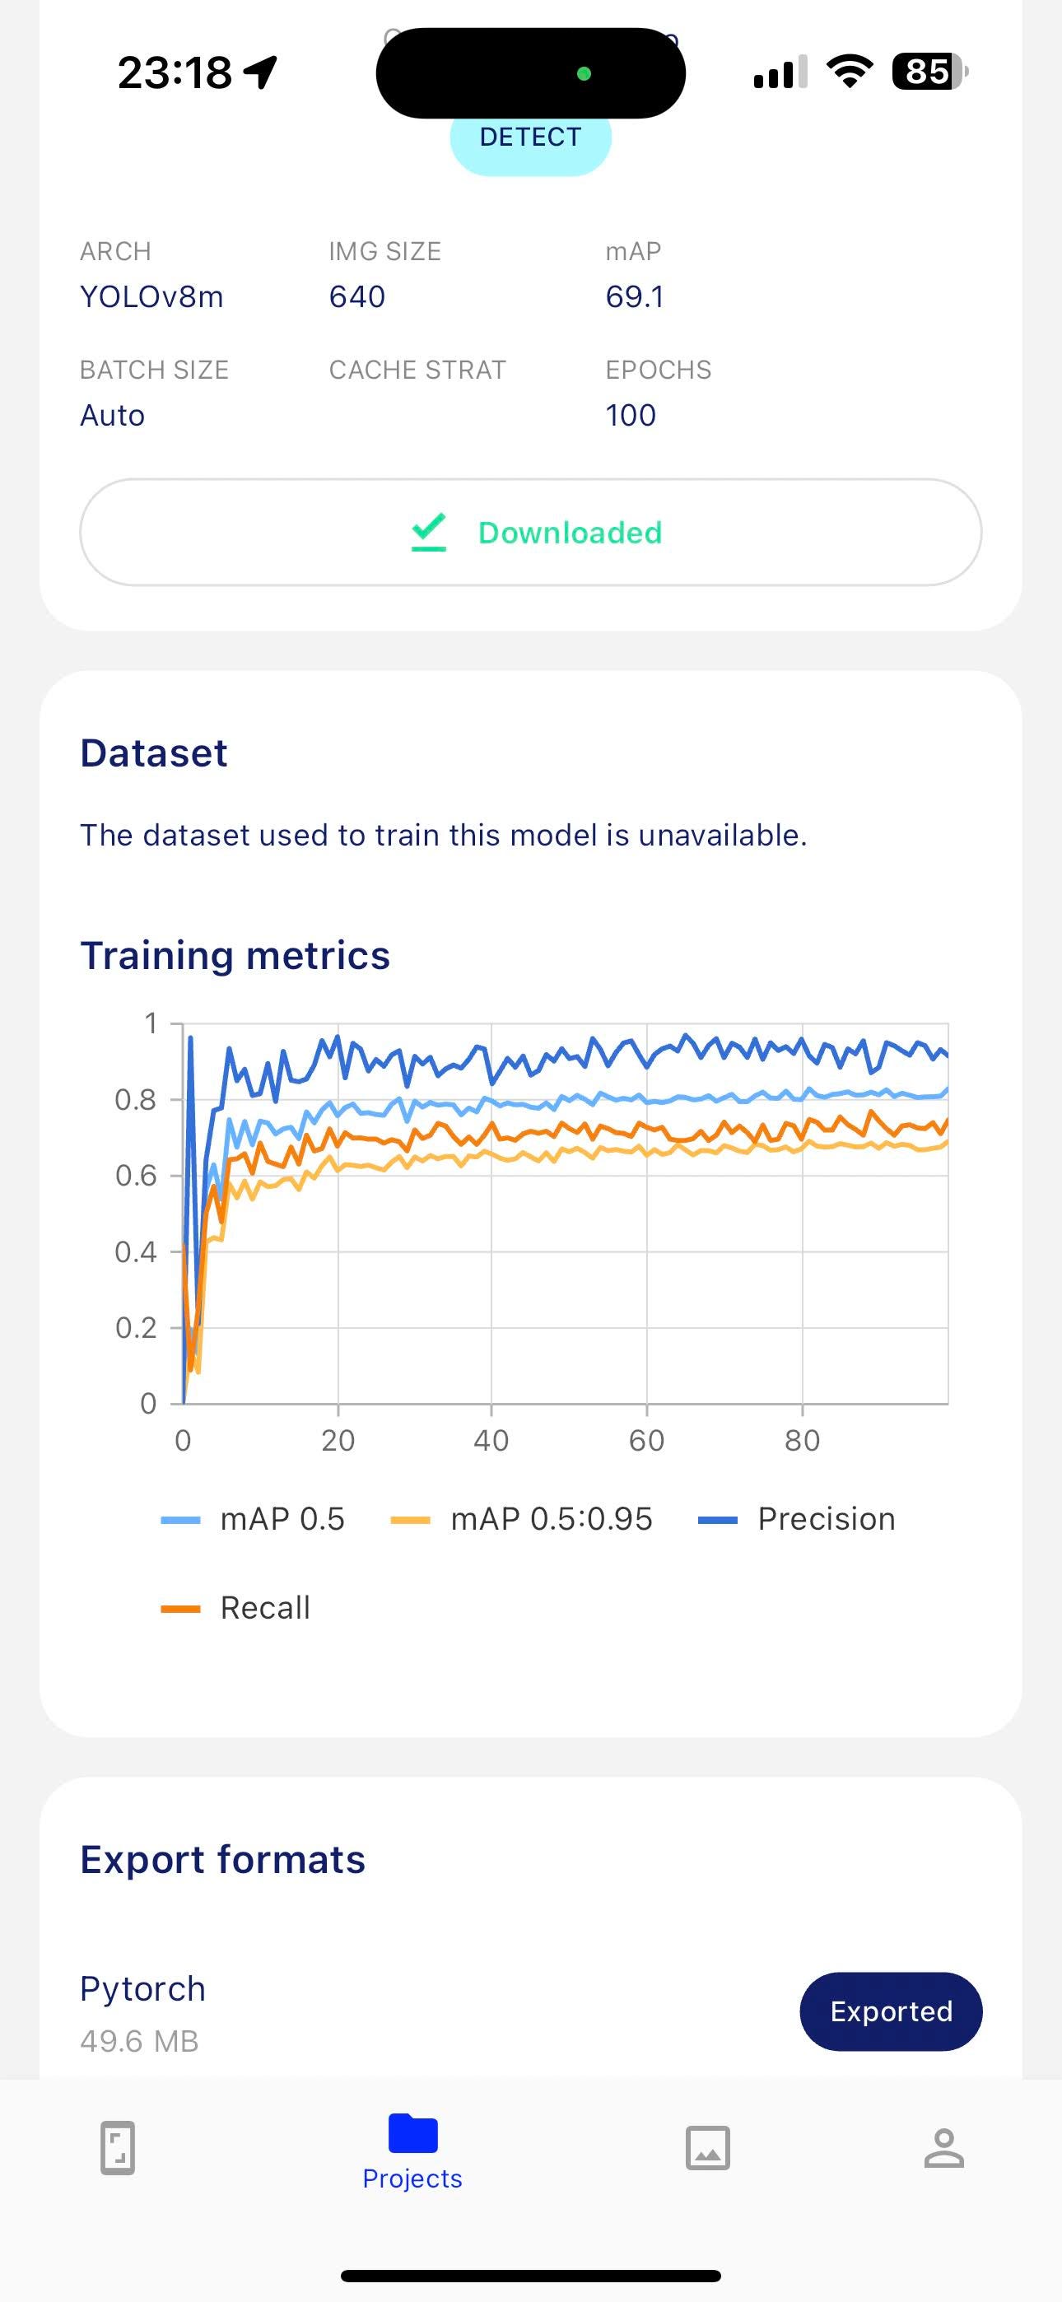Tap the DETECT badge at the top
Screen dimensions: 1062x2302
click(530, 138)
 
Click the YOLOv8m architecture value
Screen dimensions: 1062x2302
click(152, 296)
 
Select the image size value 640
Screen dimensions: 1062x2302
click(357, 296)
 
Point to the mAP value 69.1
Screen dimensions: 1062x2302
click(635, 296)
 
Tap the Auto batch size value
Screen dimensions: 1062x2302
click(113, 416)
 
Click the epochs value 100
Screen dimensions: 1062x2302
click(631, 416)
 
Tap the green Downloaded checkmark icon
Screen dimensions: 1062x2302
click(429, 532)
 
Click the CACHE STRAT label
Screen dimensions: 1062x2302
click(417, 370)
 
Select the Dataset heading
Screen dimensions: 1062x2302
click(154, 753)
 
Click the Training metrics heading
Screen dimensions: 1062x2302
click(235, 955)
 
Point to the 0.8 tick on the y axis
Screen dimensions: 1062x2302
click(136, 1099)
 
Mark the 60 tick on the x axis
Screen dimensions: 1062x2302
click(646, 1440)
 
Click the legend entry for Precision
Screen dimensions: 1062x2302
click(797, 1518)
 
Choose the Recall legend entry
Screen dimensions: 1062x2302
click(235, 1608)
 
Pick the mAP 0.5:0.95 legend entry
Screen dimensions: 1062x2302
click(522, 1518)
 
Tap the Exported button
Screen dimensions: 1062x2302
click(892, 2011)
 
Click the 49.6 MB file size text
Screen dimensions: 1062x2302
click(139, 2041)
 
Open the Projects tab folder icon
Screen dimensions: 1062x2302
click(413, 2133)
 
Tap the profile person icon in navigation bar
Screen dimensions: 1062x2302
click(944, 2148)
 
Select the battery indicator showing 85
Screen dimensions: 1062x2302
click(929, 72)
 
